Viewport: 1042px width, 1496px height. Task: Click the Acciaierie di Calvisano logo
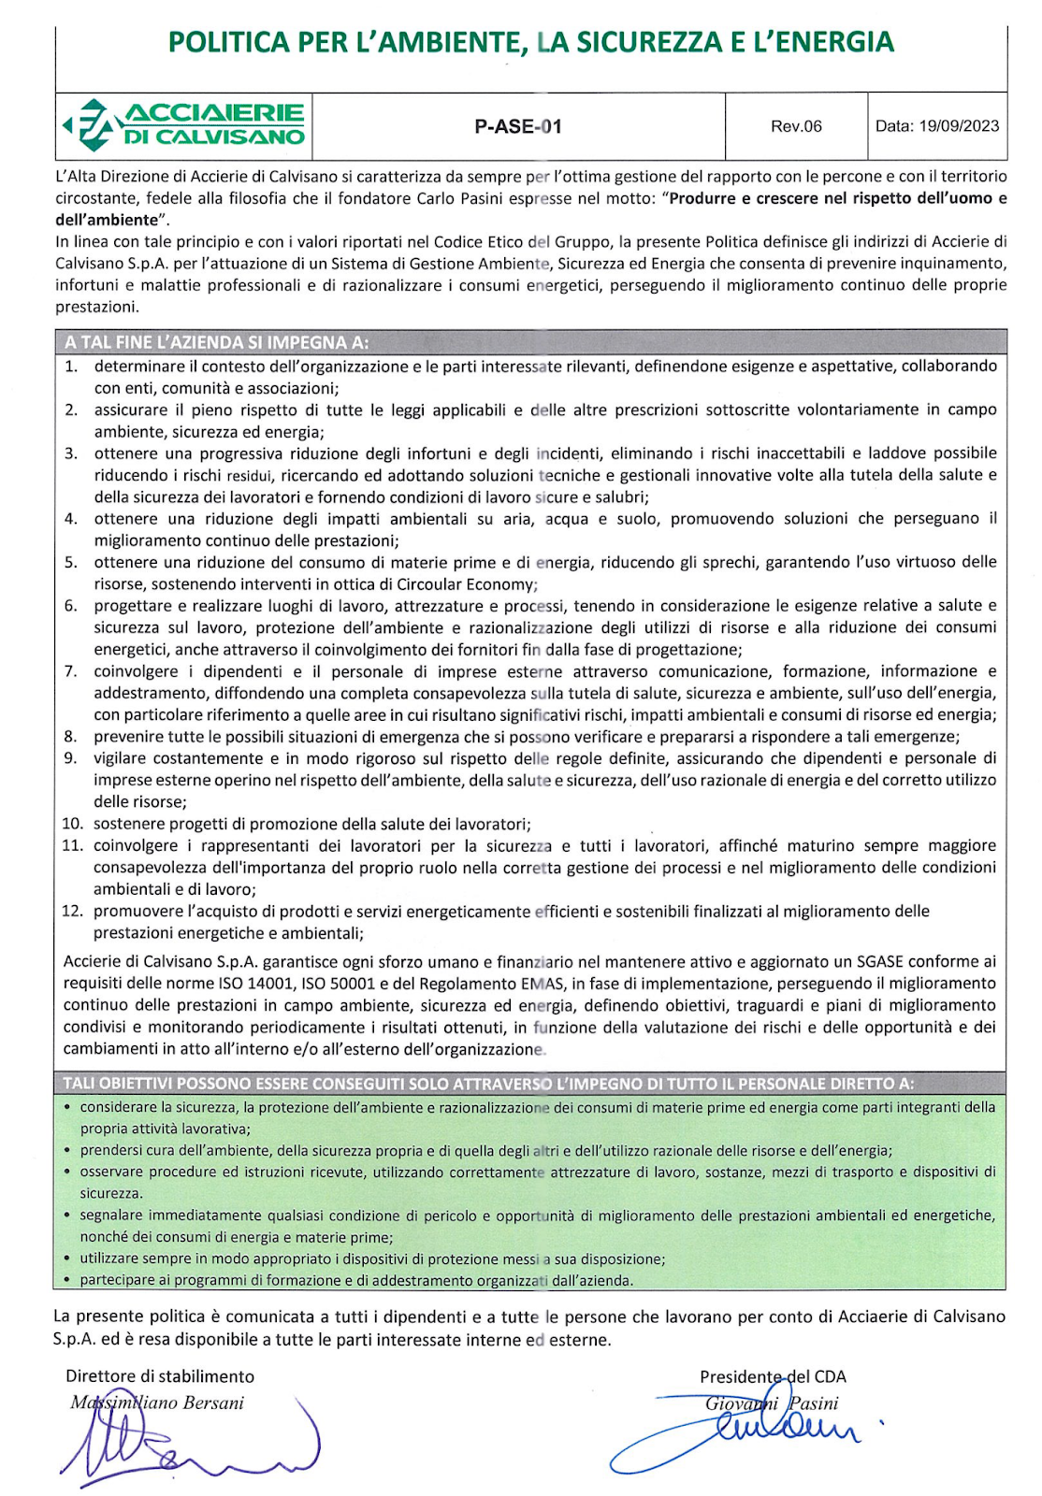click(x=184, y=125)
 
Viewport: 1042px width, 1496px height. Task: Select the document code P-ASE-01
click(x=518, y=126)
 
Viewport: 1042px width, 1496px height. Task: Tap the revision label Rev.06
click(x=796, y=126)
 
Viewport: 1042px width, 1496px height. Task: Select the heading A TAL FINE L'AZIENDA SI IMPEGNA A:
click(x=216, y=342)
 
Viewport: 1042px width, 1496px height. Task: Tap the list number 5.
click(x=71, y=562)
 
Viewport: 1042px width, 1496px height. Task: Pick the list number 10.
click(x=73, y=824)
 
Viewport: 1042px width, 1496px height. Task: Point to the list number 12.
click(x=73, y=911)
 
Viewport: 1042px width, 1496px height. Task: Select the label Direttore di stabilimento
click(x=160, y=1376)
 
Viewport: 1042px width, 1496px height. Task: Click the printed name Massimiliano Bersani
click(x=157, y=1402)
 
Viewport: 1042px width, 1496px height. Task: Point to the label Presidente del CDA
click(x=773, y=1376)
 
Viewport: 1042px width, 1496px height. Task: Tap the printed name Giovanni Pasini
click(x=772, y=1402)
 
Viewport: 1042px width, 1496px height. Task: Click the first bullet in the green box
click(x=68, y=1108)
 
